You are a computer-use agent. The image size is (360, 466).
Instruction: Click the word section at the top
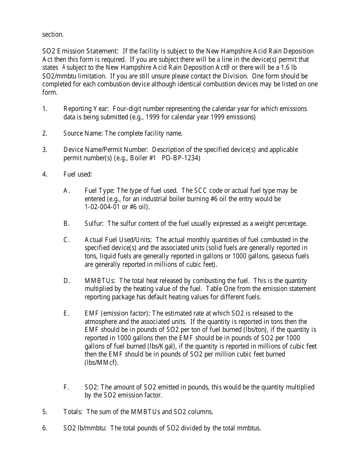tap(53, 34)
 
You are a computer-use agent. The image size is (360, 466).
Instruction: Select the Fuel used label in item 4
tap(78, 174)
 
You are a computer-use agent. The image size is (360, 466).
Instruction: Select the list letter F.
tap(66, 387)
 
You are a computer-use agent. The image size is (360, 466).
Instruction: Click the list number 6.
tap(45, 428)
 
